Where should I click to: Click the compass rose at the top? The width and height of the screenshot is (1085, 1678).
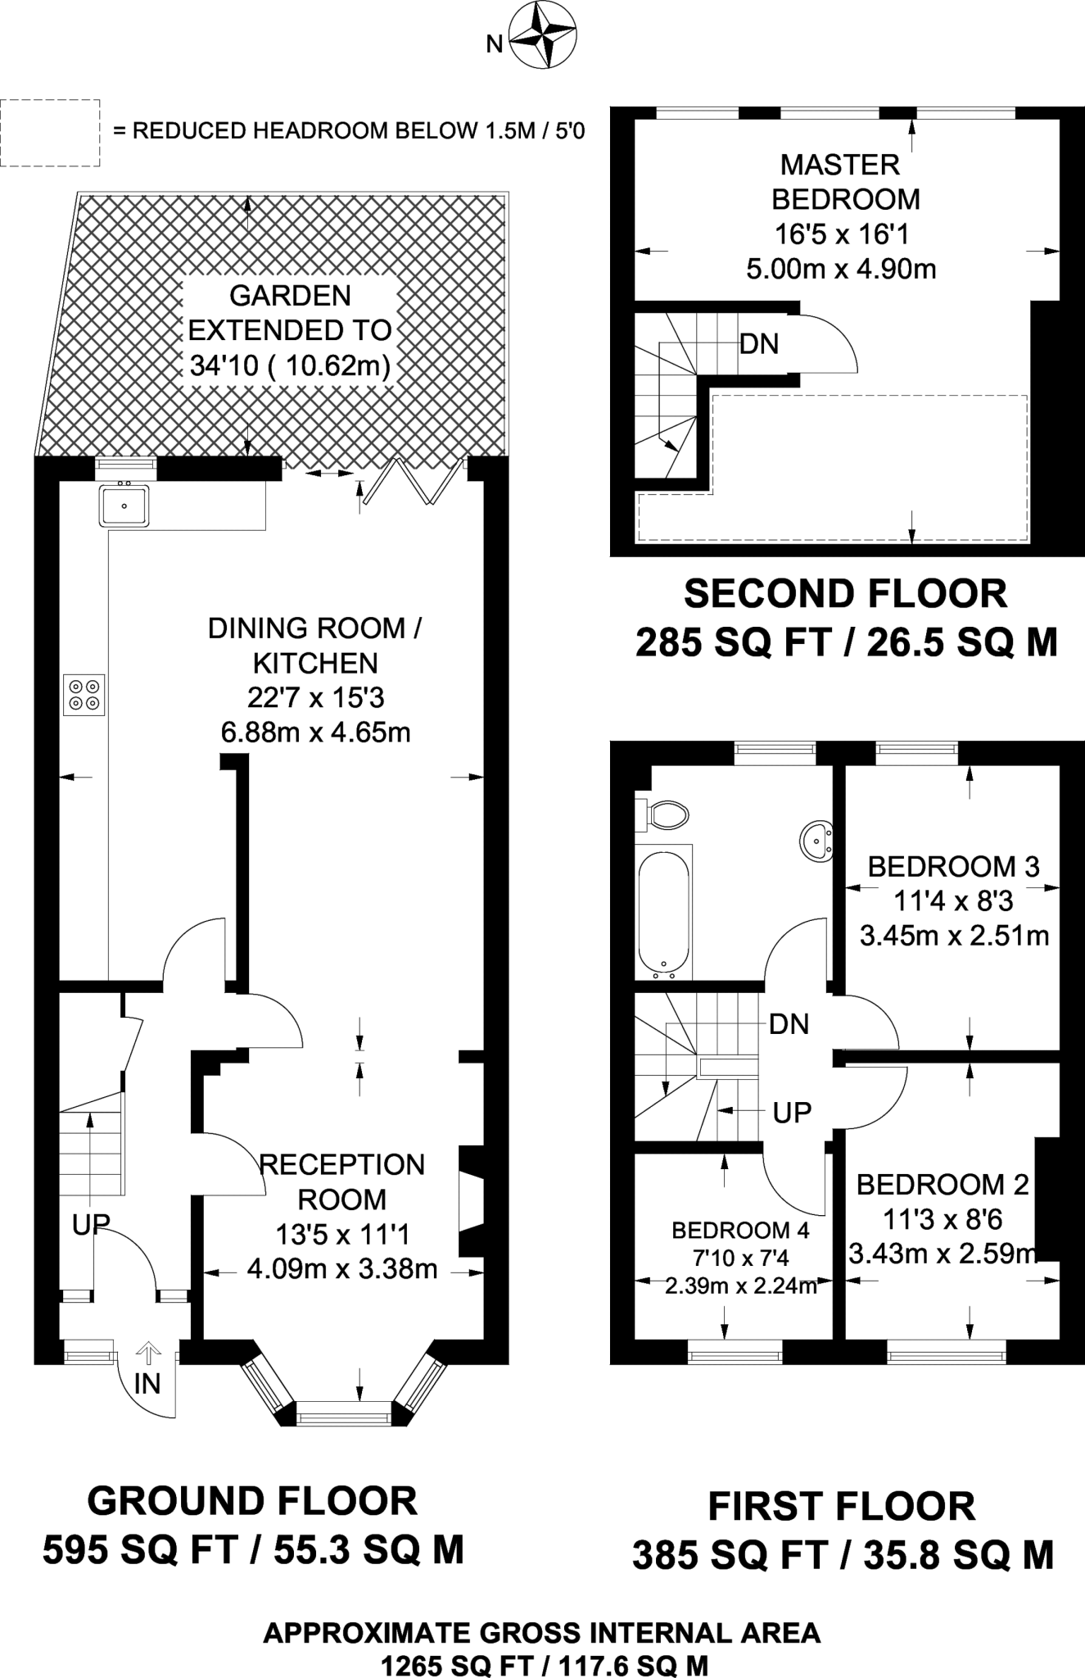click(x=543, y=36)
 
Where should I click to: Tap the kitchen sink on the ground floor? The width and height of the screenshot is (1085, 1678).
click(x=124, y=506)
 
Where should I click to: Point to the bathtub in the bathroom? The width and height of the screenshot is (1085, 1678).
click(x=664, y=912)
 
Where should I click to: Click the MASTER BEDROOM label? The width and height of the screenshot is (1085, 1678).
click(x=841, y=182)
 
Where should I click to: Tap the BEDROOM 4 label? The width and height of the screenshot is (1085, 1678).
click(x=740, y=1230)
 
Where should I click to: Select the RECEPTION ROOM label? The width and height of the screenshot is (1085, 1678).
click(x=341, y=1181)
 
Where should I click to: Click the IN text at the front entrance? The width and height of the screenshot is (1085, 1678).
click(x=147, y=1384)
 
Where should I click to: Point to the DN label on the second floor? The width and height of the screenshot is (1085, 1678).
click(x=759, y=344)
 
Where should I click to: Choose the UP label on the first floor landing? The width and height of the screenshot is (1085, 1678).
click(x=792, y=1113)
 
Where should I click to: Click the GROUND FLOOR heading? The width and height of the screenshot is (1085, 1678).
click(x=252, y=1501)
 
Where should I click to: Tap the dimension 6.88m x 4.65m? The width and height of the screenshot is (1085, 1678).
click(x=316, y=732)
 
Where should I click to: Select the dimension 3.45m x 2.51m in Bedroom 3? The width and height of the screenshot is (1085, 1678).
click(x=954, y=936)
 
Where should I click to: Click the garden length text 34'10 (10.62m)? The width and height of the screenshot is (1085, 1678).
click(x=290, y=365)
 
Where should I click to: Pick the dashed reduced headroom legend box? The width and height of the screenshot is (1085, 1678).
click(x=50, y=133)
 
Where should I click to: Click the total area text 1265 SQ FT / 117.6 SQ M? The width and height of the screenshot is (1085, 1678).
click(x=544, y=1666)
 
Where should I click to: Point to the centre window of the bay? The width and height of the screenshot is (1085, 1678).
click(x=344, y=1412)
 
